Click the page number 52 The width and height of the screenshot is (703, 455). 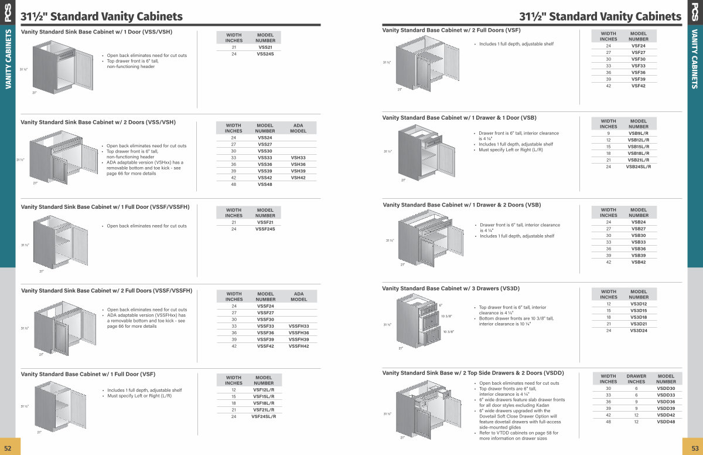(8, 447)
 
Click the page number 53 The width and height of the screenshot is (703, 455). (695, 447)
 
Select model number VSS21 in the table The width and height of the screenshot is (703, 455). (265, 47)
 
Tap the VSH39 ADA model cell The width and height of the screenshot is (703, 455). (298, 171)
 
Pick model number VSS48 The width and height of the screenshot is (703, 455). (265, 184)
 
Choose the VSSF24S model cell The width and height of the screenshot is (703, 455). (265, 229)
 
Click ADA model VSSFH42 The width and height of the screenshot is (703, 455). (299, 346)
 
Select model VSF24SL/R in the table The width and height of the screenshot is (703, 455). (264, 416)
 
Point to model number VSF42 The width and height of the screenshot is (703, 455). (639, 86)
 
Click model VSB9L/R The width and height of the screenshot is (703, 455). (638, 134)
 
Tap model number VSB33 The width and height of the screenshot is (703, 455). (639, 242)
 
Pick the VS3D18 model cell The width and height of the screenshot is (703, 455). (639, 317)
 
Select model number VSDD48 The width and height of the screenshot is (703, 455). (666, 422)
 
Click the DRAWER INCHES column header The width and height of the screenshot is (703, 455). (636, 379)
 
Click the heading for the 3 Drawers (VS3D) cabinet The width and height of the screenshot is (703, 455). (451, 288)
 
